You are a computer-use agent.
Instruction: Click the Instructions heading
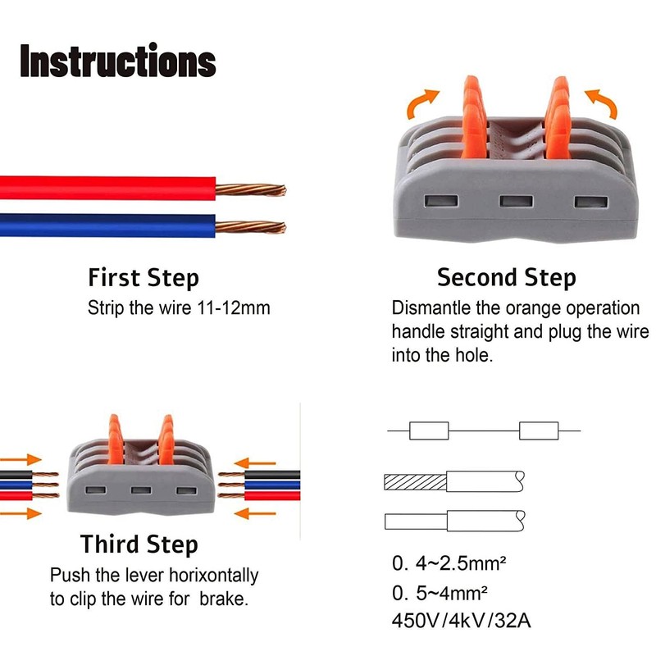coord(118,61)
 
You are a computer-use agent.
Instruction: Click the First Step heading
coord(143,278)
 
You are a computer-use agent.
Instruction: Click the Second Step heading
coord(506,278)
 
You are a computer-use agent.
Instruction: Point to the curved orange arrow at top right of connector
coord(604,103)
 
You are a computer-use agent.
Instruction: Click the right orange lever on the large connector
coord(561,115)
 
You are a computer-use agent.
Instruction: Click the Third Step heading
coord(139,544)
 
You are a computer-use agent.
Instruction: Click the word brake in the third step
coord(224,599)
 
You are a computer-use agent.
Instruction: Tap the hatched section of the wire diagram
coord(415,481)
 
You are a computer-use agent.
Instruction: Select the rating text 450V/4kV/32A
coord(462,620)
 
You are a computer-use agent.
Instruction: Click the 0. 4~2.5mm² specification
coord(449,564)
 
